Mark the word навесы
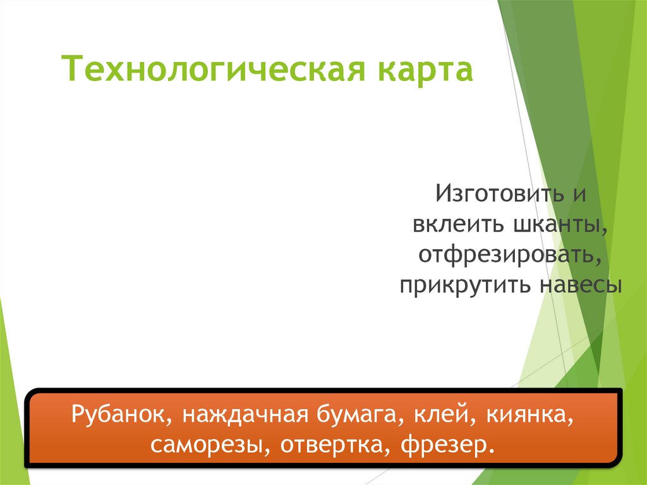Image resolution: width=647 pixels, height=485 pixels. pos(581,285)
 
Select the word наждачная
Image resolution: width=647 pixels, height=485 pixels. pos(241,415)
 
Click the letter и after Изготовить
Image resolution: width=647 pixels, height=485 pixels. pos(579,192)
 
